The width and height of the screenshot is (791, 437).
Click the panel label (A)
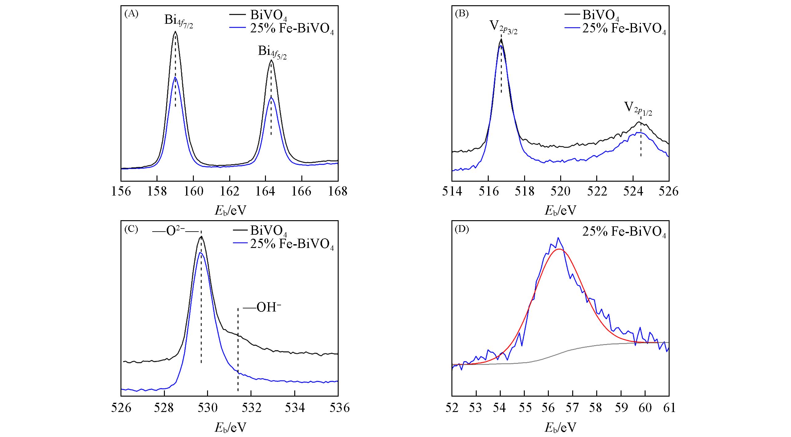131,14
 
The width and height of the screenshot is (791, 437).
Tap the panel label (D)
462,230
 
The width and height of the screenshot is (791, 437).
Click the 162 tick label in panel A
230,192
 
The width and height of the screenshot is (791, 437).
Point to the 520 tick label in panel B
561,192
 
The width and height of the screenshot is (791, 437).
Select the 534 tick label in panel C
295,408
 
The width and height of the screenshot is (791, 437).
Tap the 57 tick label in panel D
573,408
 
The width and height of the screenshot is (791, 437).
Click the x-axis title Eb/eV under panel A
230,211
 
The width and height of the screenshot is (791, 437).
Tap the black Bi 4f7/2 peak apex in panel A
175,31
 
